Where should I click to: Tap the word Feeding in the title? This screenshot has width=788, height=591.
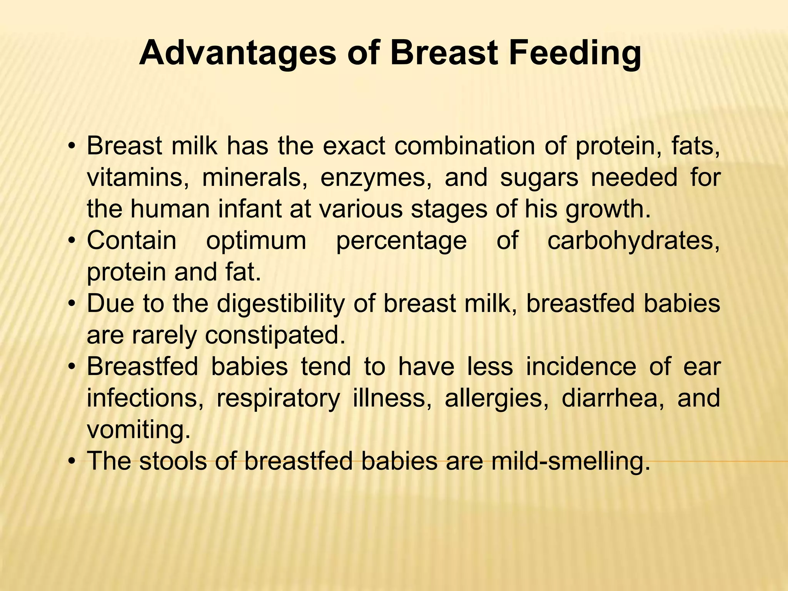575,54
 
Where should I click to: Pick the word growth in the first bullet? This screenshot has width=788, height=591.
608,209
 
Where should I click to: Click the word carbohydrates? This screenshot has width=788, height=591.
633,241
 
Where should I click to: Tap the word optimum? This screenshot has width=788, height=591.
256,241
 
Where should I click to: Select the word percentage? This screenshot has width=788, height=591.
401,241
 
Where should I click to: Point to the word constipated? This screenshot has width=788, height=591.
275,336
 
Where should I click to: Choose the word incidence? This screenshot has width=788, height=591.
581,367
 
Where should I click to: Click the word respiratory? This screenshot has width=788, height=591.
278,399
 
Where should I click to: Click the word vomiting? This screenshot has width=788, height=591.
139,430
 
